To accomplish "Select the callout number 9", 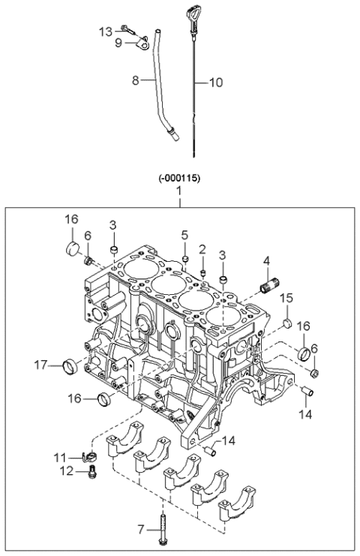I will tap(118, 44).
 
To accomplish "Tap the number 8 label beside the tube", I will tap(136, 80).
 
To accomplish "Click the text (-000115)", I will tap(178, 179).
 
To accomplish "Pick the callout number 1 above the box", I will tap(178, 193).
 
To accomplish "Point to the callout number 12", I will tap(67, 471).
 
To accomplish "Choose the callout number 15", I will tap(286, 299).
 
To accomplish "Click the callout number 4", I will tap(265, 262).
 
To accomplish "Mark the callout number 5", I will tap(184, 235).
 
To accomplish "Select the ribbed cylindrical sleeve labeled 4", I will tap(268, 287).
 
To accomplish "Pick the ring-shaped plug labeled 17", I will tap(71, 366).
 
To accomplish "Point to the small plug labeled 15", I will tap(286, 323).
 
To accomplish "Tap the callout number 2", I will tap(202, 248).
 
